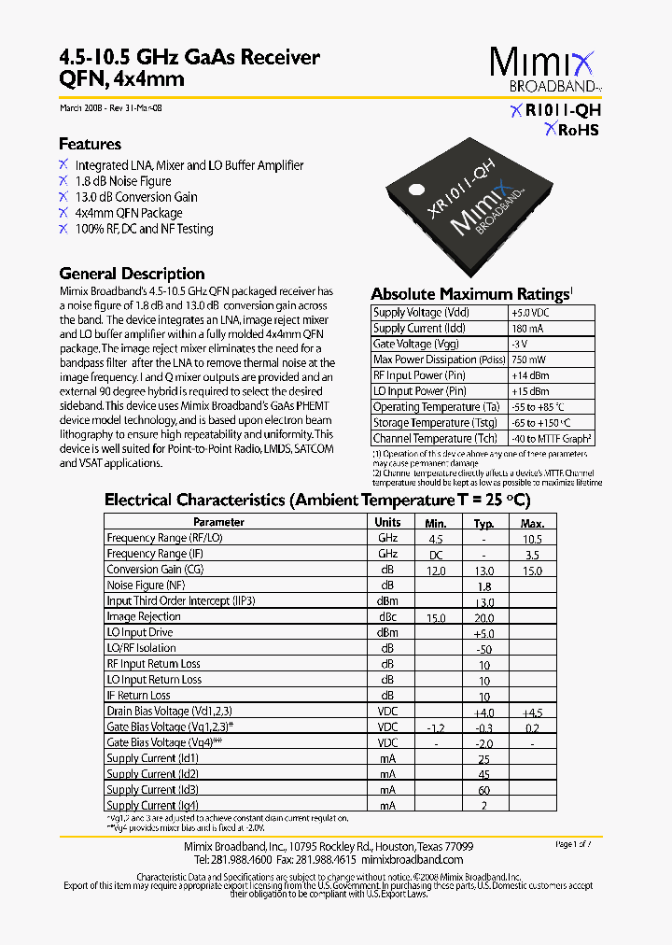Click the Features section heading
[90, 144]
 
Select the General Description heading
[132, 274]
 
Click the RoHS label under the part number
[571, 130]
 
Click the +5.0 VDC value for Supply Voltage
[531, 313]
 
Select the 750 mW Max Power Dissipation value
[529, 360]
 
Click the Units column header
[387, 522]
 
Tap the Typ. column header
[483, 522]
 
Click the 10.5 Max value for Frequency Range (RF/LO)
[532, 539]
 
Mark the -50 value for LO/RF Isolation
[483, 649]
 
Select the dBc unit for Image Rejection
[387, 617]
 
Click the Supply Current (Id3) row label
[152, 790]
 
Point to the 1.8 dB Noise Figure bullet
[123, 181]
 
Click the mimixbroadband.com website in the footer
[412, 859]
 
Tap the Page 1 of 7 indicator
[580, 844]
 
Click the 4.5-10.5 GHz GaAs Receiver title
[189, 58]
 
